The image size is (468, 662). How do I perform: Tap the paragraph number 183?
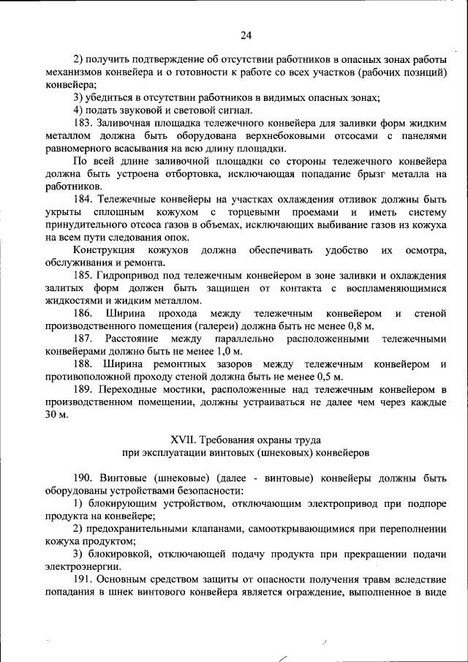[x=83, y=124]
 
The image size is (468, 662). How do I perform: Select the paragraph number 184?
[x=83, y=199]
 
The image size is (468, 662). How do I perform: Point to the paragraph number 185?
[x=83, y=275]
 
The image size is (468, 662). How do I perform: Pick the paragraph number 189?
[x=83, y=389]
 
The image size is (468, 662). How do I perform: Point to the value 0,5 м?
[x=328, y=377]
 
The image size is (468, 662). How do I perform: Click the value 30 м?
[x=56, y=415]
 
